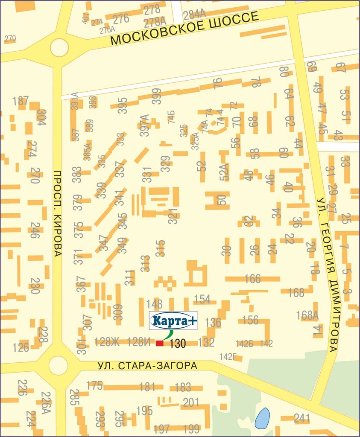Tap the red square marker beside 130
pyautogui.click(x=159, y=344)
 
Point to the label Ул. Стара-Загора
pyautogui.click(x=148, y=366)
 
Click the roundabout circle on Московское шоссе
pyautogui.click(x=59, y=47)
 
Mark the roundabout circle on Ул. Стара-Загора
pyautogui.click(x=58, y=365)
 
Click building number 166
pyautogui.click(x=252, y=279)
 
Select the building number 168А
pyautogui.click(x=307, y=315)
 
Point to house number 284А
pyautogui.click(x=195, y=14)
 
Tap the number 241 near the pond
pyautogui.click(x=302, y=419)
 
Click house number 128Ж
pyautogui.click(x=107, y=342)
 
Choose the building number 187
pyautogui.click(x=20, y=101)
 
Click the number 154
pyautogui.click(x=202, y=299)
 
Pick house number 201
pyautogui.click(x=191, y=402)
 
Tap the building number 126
pyautogui.click(x=20, y=347)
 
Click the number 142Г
pyautogui.click(x=228, y=356)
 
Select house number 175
pyautogui.click(x=95, y=385)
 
